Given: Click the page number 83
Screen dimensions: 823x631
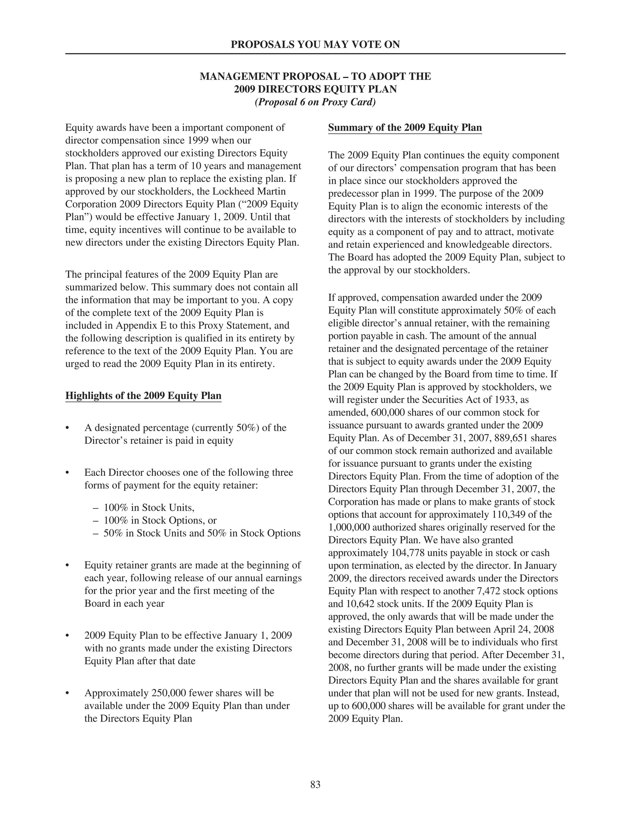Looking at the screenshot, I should coord(315,784).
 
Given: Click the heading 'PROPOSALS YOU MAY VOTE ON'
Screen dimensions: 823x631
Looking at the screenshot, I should coord(315,45).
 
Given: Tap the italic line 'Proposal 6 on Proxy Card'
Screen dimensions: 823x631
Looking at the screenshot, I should coord(315,102).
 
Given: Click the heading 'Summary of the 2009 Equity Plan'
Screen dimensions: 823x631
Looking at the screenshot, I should coord(405,127).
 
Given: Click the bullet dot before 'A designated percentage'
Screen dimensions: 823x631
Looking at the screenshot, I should coord(67,428).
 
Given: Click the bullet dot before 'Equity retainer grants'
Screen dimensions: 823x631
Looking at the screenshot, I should coord(67,566).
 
